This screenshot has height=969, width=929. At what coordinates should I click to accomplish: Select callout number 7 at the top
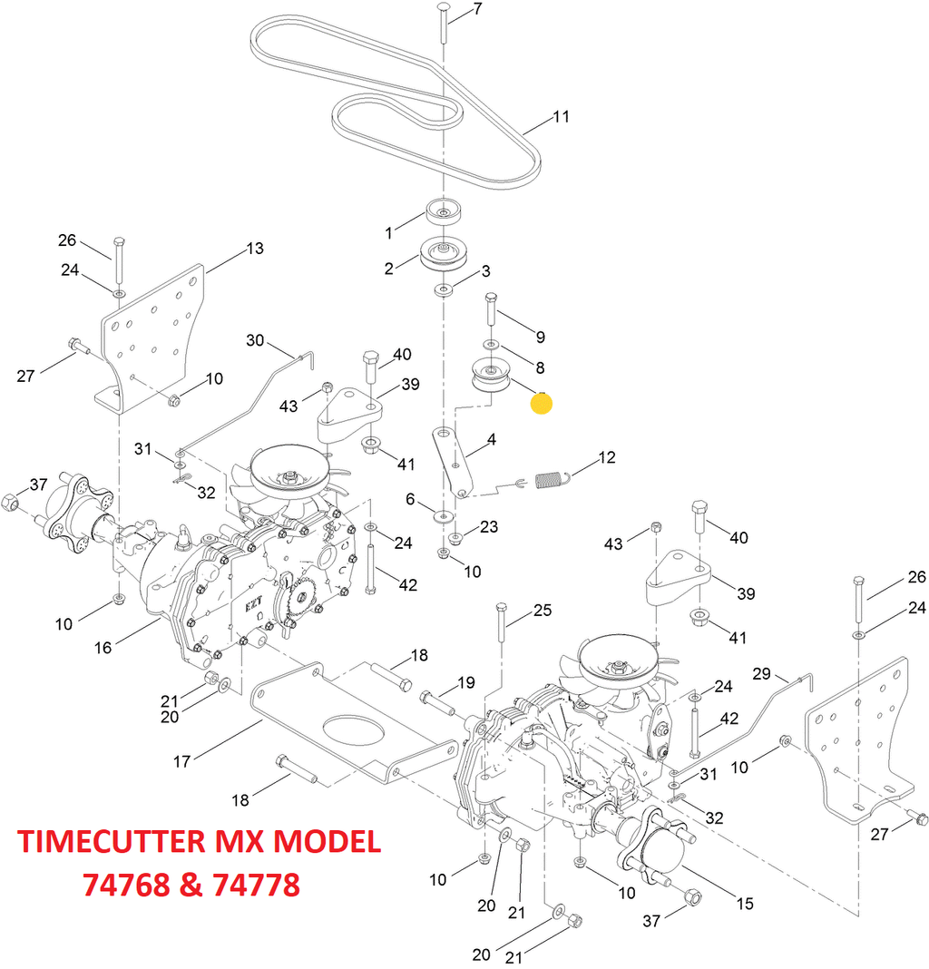click(x=477, y=10)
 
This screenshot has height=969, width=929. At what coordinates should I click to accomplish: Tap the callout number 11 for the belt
click(x=562, y=117)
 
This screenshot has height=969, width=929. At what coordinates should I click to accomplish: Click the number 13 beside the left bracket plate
click(x=255, y=249)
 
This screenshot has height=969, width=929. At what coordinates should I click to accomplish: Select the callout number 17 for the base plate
click(x=181, y=760)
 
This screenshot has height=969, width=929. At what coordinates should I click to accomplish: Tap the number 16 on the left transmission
click(x=103, y=648)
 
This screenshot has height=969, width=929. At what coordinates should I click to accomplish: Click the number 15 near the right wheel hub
click(x=744, y=904)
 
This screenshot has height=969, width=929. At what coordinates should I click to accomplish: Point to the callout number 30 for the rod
click(x=255, y=340)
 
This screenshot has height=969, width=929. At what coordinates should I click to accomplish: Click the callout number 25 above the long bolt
click(x=542, y=611)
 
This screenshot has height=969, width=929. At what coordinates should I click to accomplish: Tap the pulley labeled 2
click(x=442, y=255)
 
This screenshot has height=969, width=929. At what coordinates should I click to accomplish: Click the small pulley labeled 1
click(x=442, y=215)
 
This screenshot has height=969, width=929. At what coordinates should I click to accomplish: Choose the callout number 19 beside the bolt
click(x=466, y=682)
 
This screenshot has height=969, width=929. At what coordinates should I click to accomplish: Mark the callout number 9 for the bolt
click(x=540, y=338)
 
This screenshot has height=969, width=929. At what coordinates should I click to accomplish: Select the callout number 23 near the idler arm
click(x=489, y=527)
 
